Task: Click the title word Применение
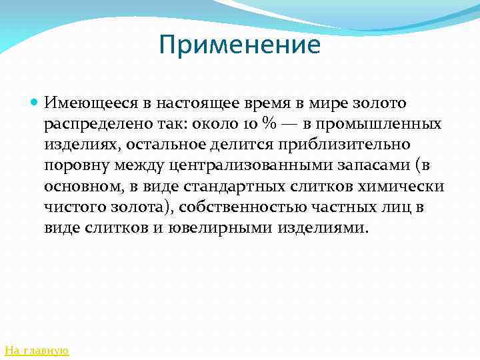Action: click(x=240, y=45)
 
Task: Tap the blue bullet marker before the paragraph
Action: click(x=35, y=104)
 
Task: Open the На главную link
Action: click(x=37, y=349)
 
